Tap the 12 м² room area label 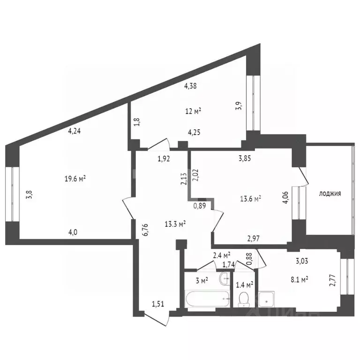(x=193, y=111)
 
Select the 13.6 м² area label (x=250, y=198)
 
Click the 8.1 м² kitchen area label (x=297, y=280)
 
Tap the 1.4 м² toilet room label (x=244, y=284)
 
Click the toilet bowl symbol (x=243, y=298)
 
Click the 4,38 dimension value (x=191, y=86)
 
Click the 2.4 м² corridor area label (x=222, y=255)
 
